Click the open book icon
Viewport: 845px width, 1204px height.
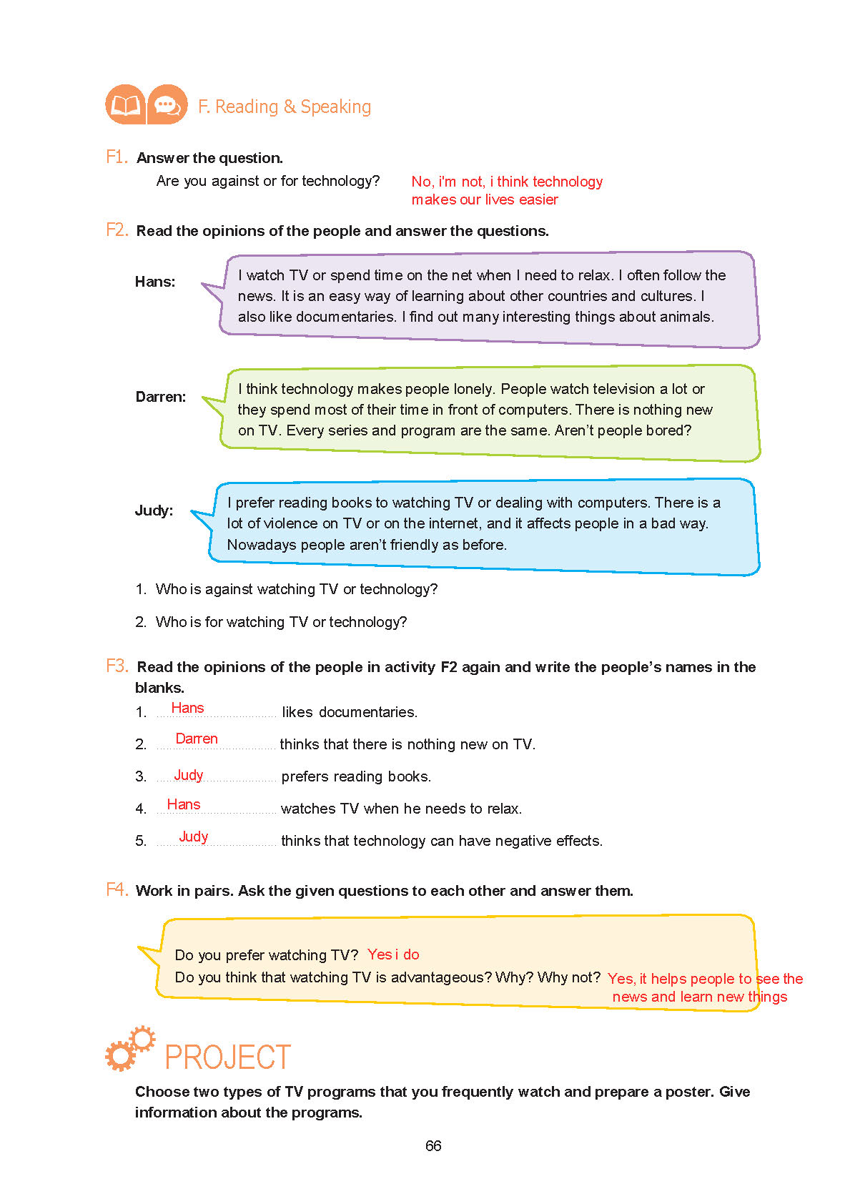point(125,105)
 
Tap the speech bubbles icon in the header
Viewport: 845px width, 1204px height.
point(167,105)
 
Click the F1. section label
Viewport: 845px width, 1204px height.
point(117,157)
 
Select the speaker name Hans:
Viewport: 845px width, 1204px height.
point(155,282)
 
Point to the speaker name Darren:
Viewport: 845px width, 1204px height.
point(161,397)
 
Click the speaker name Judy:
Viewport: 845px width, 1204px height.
point(154,510)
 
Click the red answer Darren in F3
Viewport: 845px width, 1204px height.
point(197,739)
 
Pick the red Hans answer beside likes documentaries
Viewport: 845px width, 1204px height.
point(187,708)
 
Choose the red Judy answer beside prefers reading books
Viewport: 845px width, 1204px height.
point(189,775)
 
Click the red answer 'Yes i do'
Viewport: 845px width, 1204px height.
point(393,954)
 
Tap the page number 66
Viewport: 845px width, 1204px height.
point(433,1145)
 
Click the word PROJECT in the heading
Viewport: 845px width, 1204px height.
point(228,1057)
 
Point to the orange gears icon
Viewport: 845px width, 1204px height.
point(129,1049)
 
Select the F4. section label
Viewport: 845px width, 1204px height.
point(117,889)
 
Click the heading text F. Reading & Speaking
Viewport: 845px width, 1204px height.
point(285,107)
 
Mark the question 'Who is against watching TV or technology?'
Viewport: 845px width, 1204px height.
point(297,589)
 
